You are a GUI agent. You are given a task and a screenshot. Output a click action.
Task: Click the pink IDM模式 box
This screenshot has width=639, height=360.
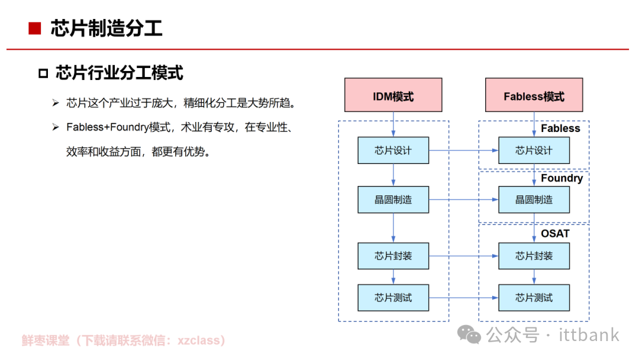393,95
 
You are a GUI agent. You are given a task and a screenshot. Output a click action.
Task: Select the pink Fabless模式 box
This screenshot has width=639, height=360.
534,95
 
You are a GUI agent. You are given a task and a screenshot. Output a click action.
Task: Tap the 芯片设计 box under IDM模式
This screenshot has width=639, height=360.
393,150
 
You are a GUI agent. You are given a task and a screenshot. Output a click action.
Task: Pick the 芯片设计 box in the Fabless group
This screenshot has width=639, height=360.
534,150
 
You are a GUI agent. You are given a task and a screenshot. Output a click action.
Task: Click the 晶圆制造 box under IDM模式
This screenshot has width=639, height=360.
393,200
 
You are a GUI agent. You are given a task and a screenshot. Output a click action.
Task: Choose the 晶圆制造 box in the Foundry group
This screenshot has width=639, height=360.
534,200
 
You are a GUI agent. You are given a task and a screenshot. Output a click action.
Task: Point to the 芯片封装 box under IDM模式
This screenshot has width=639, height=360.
393,256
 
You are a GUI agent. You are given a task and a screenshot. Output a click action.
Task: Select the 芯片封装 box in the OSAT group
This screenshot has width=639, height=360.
534,256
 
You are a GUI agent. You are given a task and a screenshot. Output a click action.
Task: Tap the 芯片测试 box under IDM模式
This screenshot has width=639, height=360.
393,297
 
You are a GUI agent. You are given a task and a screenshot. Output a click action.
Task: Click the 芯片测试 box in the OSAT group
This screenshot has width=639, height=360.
534,297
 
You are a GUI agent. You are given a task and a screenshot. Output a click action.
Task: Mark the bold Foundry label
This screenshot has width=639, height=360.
561,178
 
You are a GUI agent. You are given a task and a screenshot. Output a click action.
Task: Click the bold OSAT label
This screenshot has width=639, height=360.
555,233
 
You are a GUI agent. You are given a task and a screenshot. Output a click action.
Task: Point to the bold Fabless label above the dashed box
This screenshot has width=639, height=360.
560,128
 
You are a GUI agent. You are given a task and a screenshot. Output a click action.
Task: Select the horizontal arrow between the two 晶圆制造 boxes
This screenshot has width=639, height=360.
463,200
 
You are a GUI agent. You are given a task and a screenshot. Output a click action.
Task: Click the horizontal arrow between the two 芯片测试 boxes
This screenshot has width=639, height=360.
463,297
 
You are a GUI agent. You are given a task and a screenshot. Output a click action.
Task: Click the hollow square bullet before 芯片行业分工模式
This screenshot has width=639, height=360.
43,73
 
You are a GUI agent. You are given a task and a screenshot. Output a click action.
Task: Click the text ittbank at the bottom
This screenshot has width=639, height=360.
589,335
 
